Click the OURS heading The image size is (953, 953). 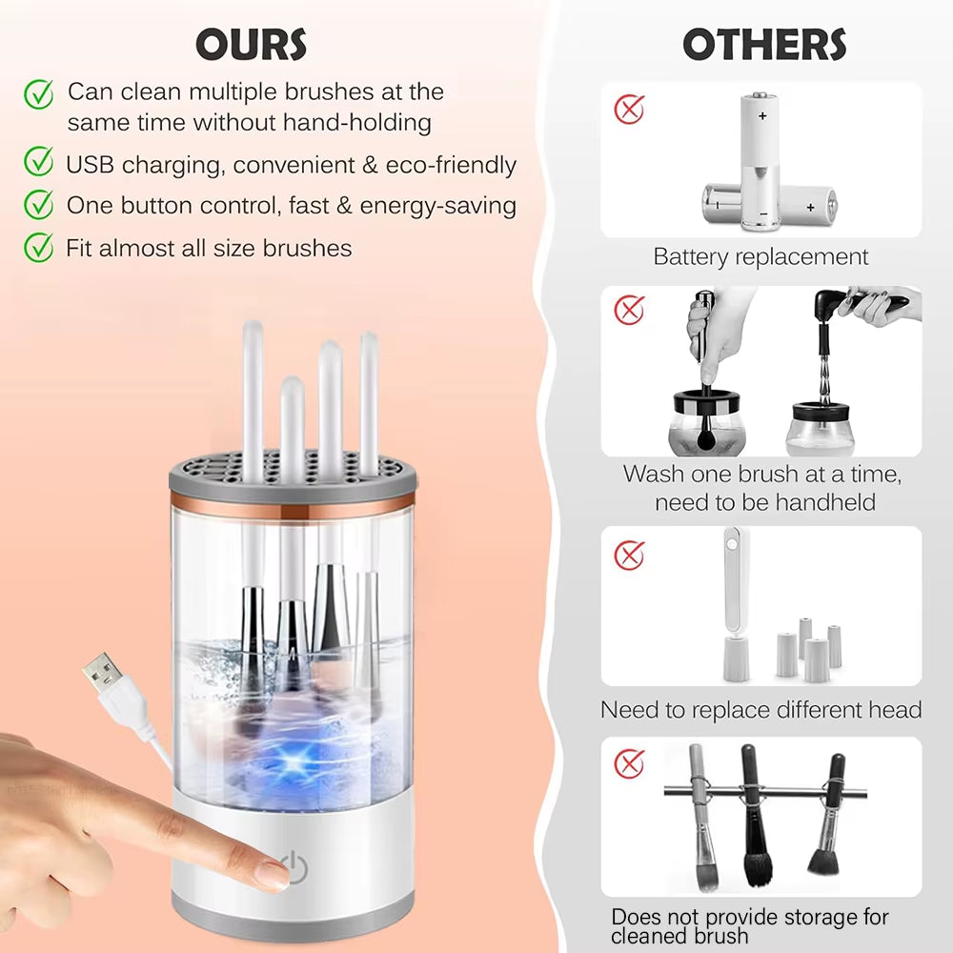click(x=252, y=45)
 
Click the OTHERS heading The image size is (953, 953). click(x=764, y=45)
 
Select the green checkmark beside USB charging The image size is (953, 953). click(x=38, y=163)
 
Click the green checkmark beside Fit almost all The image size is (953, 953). click(x=38, y=247)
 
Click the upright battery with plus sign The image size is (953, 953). click(x=761, y=157)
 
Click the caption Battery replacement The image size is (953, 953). click(x=760, y=256)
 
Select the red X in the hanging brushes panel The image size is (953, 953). click(x=629, y=762)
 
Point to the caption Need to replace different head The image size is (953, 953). click(x=760, y=710)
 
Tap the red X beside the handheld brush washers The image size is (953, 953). click(x=629, y=310)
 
